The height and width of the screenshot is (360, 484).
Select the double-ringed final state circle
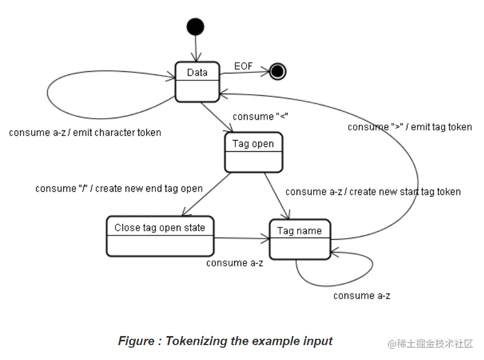click(277, 71)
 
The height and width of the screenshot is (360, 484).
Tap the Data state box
click(198, 81)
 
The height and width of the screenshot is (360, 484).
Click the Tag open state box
click(253, 152)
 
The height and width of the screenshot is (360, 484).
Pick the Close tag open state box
click(160, 235)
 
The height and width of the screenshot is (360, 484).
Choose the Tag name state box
click(300, 239)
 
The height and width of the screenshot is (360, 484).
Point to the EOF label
click(243, 66)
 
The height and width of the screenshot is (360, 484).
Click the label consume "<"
click(260, 117)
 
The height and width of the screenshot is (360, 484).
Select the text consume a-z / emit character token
click(85, 133)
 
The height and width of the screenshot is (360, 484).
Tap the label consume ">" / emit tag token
click(409, 127)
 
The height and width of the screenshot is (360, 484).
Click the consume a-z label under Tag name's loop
click(362, 296)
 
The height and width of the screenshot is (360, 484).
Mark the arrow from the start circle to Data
click(196, 48)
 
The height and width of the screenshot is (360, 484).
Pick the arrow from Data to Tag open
click(217, 117)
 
